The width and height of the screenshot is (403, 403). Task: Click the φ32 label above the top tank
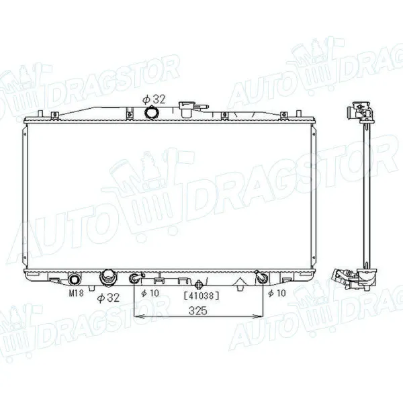point(154,99)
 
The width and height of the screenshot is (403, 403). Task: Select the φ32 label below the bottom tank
point(108,297)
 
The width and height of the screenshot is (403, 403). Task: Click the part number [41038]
point(202,294)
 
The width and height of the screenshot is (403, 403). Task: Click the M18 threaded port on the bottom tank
point(75,277)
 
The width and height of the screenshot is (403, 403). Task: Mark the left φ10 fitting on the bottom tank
point(136,278)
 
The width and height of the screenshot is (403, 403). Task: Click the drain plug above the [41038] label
point(199,281)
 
